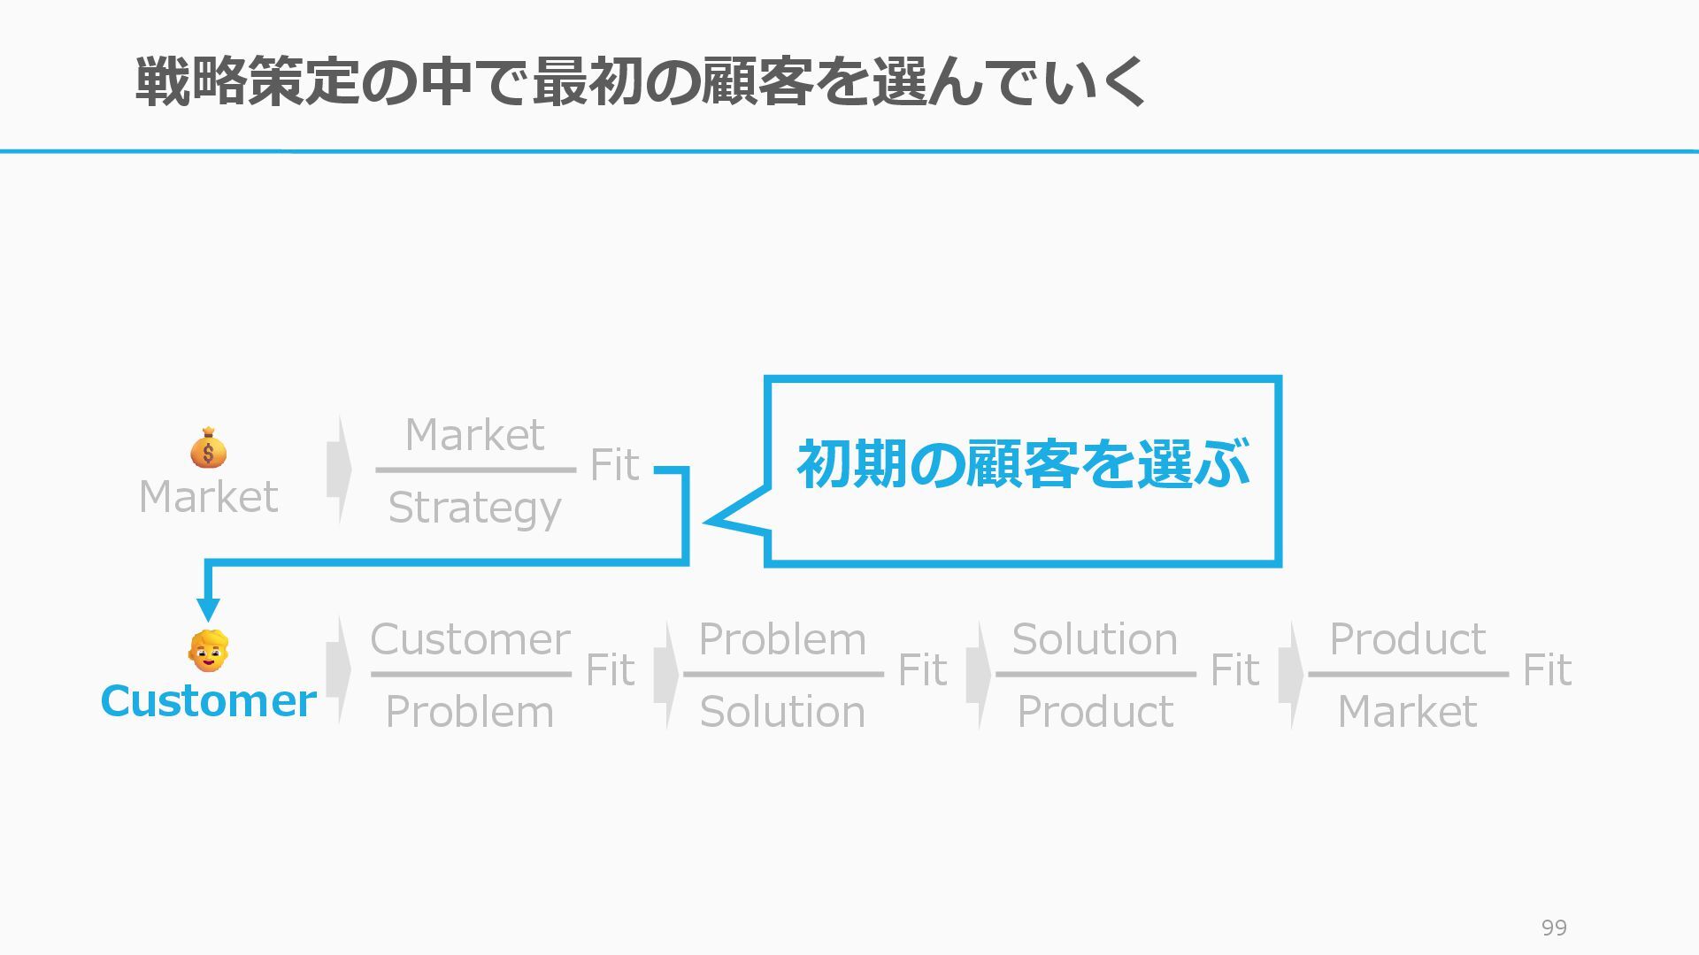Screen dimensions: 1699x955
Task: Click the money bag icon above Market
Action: (208, 448)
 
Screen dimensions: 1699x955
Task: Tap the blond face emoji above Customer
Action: (208, 652)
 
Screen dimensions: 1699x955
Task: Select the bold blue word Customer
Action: (208, 701)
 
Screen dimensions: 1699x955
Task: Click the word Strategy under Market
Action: (474, 508)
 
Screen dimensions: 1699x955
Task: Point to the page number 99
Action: (1554, 928)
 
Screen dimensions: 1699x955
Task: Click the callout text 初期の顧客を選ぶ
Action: (1023, 464)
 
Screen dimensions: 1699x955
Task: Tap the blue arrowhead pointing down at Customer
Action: (208, 609)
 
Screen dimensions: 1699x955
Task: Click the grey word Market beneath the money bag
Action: (208, 497)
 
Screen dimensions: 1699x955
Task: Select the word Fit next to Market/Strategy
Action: (613, 465)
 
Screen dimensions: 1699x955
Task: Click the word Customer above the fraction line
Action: (470, 639)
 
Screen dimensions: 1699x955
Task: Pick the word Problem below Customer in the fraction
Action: (470, 712)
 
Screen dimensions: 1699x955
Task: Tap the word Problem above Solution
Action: (782, 639)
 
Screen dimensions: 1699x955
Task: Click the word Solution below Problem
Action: (782, 712)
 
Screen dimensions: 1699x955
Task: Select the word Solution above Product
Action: (1095, 639)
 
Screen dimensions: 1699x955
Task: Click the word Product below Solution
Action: (1095, 712)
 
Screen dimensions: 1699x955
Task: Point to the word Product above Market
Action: (1407, 639)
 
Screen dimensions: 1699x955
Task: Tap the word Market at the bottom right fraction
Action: (1407, 712)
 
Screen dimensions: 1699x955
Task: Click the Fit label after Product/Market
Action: (1546, 670)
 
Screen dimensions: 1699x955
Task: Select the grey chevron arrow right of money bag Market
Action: (339, 469)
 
